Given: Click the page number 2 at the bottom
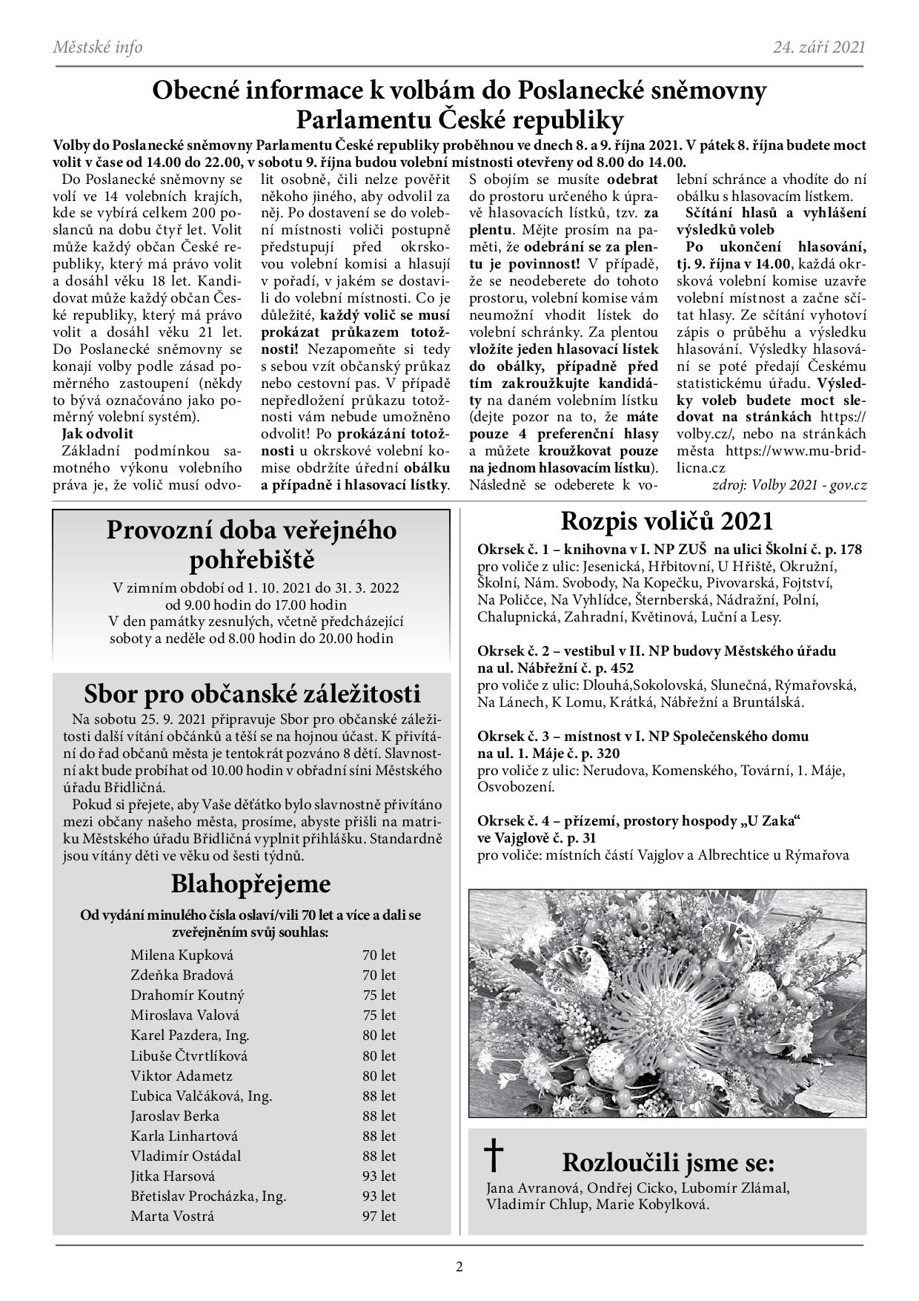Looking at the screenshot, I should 459,1266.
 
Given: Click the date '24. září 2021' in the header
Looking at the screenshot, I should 819,47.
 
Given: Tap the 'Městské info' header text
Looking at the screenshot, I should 98,47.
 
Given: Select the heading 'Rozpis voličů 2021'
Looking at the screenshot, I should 666,521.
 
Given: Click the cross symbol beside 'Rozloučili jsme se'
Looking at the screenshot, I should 494,1156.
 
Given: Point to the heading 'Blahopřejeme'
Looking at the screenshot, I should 251,884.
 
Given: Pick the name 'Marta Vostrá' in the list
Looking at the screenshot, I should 172,1216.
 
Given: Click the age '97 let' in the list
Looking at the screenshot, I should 379,1216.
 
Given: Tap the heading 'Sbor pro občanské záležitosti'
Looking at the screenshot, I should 252,694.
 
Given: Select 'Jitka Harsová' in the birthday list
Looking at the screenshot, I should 173,1176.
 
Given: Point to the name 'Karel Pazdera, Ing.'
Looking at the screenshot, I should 190,1035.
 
